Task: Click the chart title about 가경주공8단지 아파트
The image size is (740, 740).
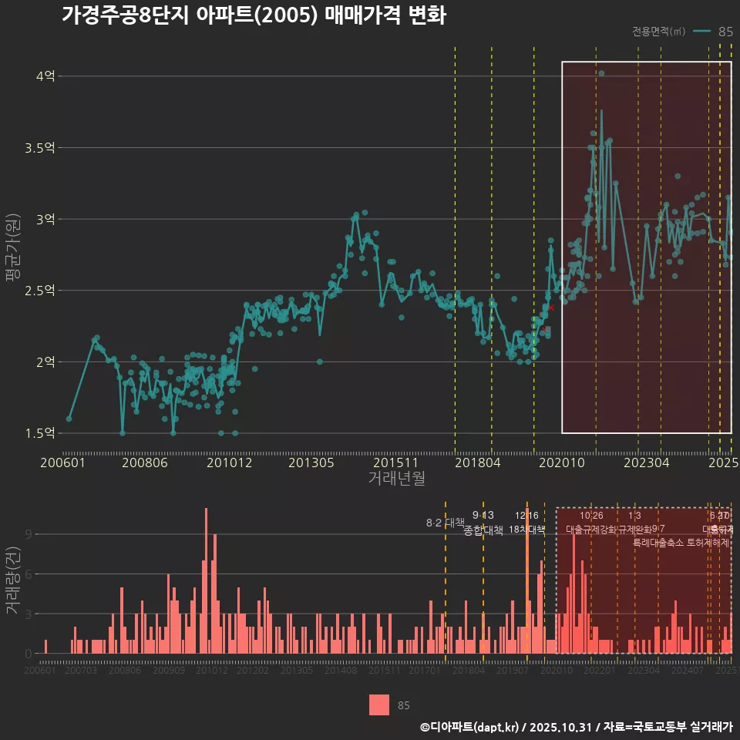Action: coord(254,15)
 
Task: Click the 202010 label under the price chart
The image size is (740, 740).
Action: coord(561,463)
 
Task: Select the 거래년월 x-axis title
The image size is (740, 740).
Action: coord(396,479)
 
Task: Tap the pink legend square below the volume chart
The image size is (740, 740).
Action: coord(379,705)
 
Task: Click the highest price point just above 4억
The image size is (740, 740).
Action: coord(601,73)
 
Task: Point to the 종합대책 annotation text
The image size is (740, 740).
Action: coord(483,530)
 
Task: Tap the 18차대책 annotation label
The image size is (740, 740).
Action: coord(527,530)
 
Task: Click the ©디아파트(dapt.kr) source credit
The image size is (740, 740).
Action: coord(470,727)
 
